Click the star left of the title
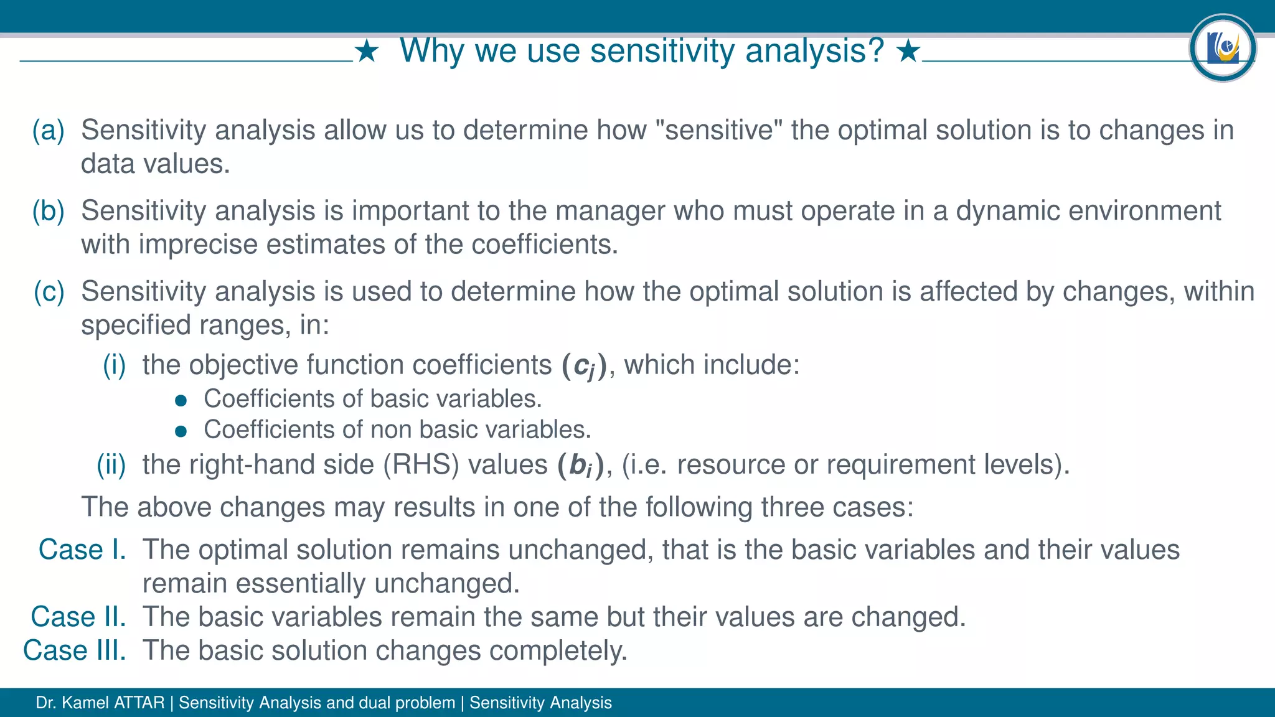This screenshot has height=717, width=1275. click(x=367, y=52)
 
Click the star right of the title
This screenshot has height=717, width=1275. click(x=908, y=52)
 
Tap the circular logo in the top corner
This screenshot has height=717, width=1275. click(x=1222, y=49)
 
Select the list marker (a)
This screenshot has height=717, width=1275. click(x=49, y=130)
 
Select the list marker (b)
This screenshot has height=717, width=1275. click(x=49, y=211)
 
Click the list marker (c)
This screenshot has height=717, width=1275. click(x=49, y=291)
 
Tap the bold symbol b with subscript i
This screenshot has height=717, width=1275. click(x=580, y=466)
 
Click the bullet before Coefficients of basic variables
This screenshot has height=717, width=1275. click(x=181, y=400)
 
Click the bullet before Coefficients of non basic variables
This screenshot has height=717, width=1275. click(x=181, y=431)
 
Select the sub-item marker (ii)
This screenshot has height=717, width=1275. click(x=111, y=465)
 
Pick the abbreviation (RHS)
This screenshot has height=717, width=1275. click(x=421, y=465)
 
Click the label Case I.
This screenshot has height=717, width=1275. click(x=82, y=550)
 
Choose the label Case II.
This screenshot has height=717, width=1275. click(x=78, y=617)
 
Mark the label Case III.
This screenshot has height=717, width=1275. click(x=75, y=650)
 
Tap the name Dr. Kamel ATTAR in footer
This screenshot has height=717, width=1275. click(x=100, y=703)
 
